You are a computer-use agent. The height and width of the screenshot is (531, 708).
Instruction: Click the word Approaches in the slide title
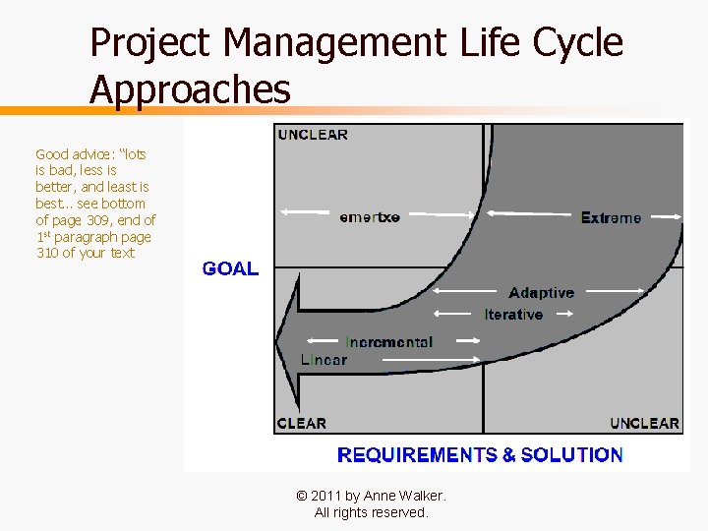point(190,89)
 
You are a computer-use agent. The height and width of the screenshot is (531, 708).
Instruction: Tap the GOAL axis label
point(230,268)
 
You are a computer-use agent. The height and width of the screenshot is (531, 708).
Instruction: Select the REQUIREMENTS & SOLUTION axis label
point(480,454)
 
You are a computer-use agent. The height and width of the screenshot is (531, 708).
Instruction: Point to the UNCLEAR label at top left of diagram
point(313,135)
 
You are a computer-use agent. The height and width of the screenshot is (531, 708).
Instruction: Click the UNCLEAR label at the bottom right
point(644,423)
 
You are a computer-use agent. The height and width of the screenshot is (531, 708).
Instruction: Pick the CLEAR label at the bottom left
point(302,423)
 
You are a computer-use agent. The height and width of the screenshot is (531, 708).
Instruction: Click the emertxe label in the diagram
point(370,216)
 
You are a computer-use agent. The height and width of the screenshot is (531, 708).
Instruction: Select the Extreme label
point(610,217)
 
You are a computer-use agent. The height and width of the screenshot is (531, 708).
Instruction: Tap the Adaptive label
point(541,292)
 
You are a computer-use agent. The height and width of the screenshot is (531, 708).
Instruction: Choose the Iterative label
point(513,315)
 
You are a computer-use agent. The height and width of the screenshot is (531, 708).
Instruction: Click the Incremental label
point(388,341)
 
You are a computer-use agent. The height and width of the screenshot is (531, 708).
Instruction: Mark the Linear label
point(324,360)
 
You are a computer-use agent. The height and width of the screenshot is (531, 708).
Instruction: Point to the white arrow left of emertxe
point(305,211)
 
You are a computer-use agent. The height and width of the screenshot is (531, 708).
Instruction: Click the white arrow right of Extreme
point(664,216)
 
